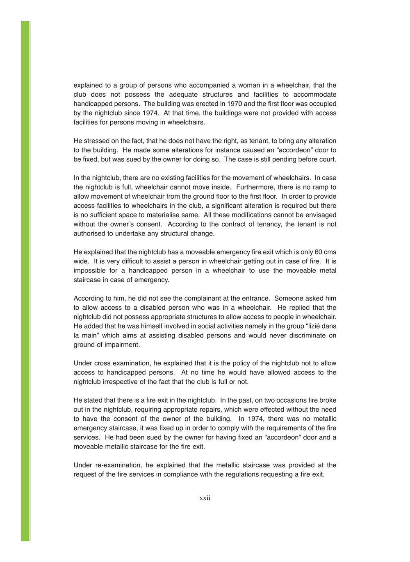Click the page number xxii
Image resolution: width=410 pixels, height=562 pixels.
[205, 498]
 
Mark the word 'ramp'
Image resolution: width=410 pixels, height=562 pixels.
[317, 187]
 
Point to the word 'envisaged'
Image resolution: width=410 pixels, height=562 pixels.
[319, 215]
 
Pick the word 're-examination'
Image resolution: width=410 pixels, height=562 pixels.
[119, 465]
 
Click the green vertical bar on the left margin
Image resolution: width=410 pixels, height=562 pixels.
[25, 281]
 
